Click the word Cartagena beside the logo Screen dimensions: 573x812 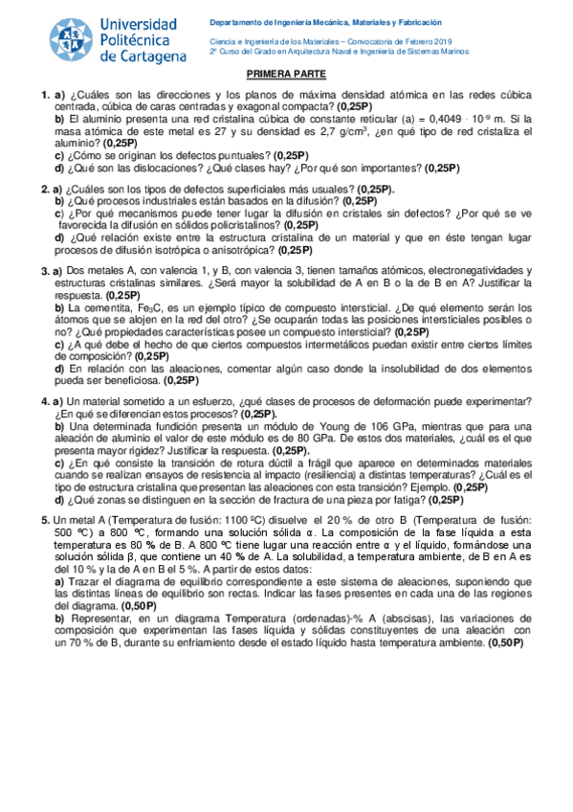tap(143, 56)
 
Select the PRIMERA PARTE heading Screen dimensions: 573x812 tap(287, 75)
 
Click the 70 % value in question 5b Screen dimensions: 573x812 tap(89, 644)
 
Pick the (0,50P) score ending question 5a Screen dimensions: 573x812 tap(139, 606)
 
